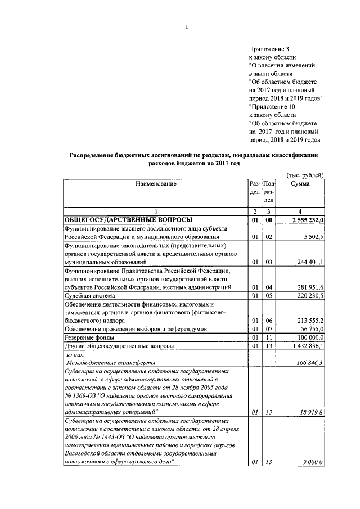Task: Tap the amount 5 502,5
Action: pos(313,237)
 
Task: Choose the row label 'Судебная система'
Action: pos(90,295)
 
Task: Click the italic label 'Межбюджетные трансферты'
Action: pos(110,363)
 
